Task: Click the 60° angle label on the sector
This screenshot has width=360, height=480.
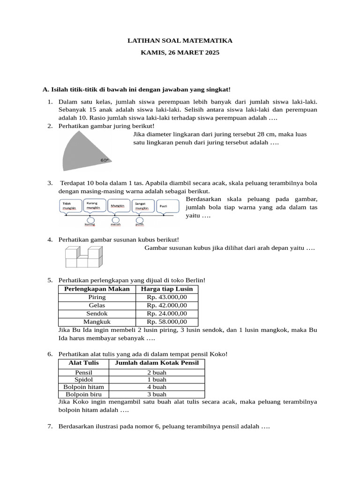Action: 104,160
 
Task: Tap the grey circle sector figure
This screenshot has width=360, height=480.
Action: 87,150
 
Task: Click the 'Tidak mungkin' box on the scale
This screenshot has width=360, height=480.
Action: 70,206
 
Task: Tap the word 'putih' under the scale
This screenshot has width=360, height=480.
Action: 139,225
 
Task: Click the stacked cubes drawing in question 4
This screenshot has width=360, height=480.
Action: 82,256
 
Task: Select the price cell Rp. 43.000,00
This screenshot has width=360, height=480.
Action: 166,297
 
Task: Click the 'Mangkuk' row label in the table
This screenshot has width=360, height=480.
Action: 97,322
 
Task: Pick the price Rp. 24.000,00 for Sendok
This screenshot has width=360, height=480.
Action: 166,313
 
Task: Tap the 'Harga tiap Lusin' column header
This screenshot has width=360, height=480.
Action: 166,289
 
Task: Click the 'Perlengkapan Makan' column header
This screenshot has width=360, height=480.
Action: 97,289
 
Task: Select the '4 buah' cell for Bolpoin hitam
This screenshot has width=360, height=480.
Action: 157,387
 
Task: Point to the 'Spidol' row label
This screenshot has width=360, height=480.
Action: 83,379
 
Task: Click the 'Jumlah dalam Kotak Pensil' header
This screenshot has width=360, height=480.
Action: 157,363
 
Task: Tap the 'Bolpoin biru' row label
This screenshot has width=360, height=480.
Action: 83,395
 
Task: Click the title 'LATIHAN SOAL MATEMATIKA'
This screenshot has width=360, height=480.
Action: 180,41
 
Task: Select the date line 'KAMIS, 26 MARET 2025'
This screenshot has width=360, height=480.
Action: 180,53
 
